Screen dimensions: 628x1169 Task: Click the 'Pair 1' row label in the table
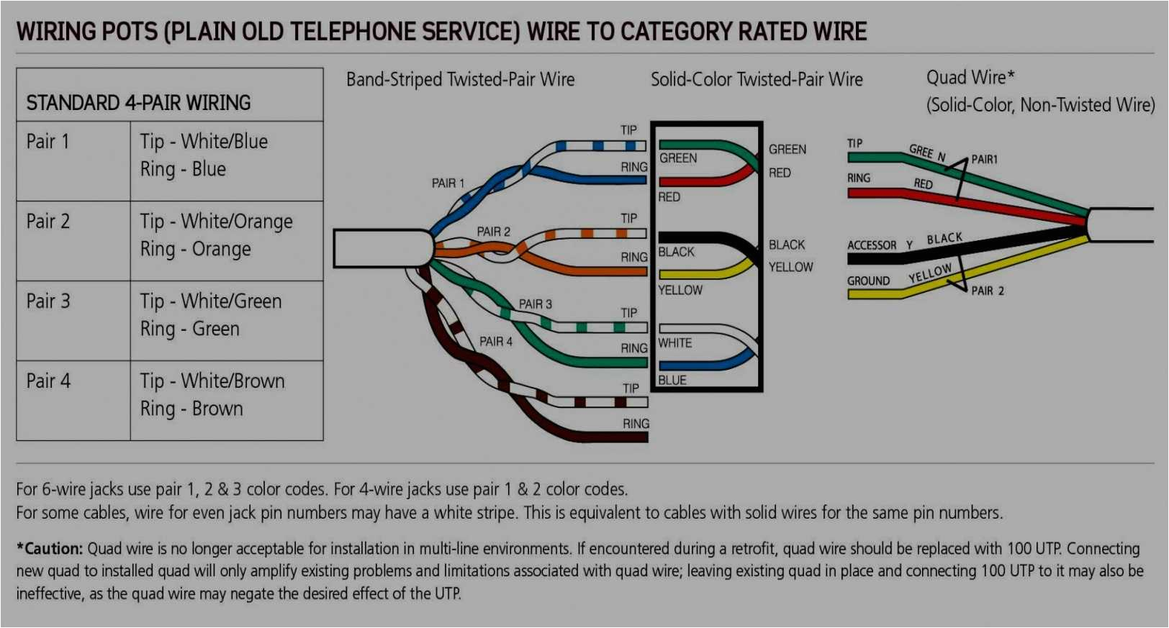tap(48, 142)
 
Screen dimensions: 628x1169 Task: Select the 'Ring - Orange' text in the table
tap(195, 249)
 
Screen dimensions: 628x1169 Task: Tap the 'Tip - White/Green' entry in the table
tap(210, 301)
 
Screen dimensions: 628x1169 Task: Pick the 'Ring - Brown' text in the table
tap(191, 409)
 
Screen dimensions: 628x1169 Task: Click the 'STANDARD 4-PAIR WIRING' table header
tap(138, 103)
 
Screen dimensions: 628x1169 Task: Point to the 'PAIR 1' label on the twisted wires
tap(448, 183)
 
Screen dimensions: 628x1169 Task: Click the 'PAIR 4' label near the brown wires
tap(496, 342)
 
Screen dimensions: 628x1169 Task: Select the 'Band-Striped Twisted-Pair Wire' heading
tap(460, 80)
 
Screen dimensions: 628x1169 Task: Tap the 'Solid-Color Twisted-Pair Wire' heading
tap(756, 80)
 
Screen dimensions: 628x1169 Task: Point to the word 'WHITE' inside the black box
tap(674, 343)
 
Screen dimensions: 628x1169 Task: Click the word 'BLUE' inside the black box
tap(672, 380)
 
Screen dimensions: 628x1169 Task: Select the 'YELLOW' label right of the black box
tap(790, 267)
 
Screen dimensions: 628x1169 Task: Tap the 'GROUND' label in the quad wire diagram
tap(868, 281)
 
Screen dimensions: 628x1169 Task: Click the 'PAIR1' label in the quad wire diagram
tap(984, 159)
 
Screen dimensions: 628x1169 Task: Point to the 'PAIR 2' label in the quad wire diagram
tap(987, 291)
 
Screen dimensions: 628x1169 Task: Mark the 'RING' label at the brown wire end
tap(636, 424)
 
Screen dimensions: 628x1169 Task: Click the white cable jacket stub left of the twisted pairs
tap(382, 249)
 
